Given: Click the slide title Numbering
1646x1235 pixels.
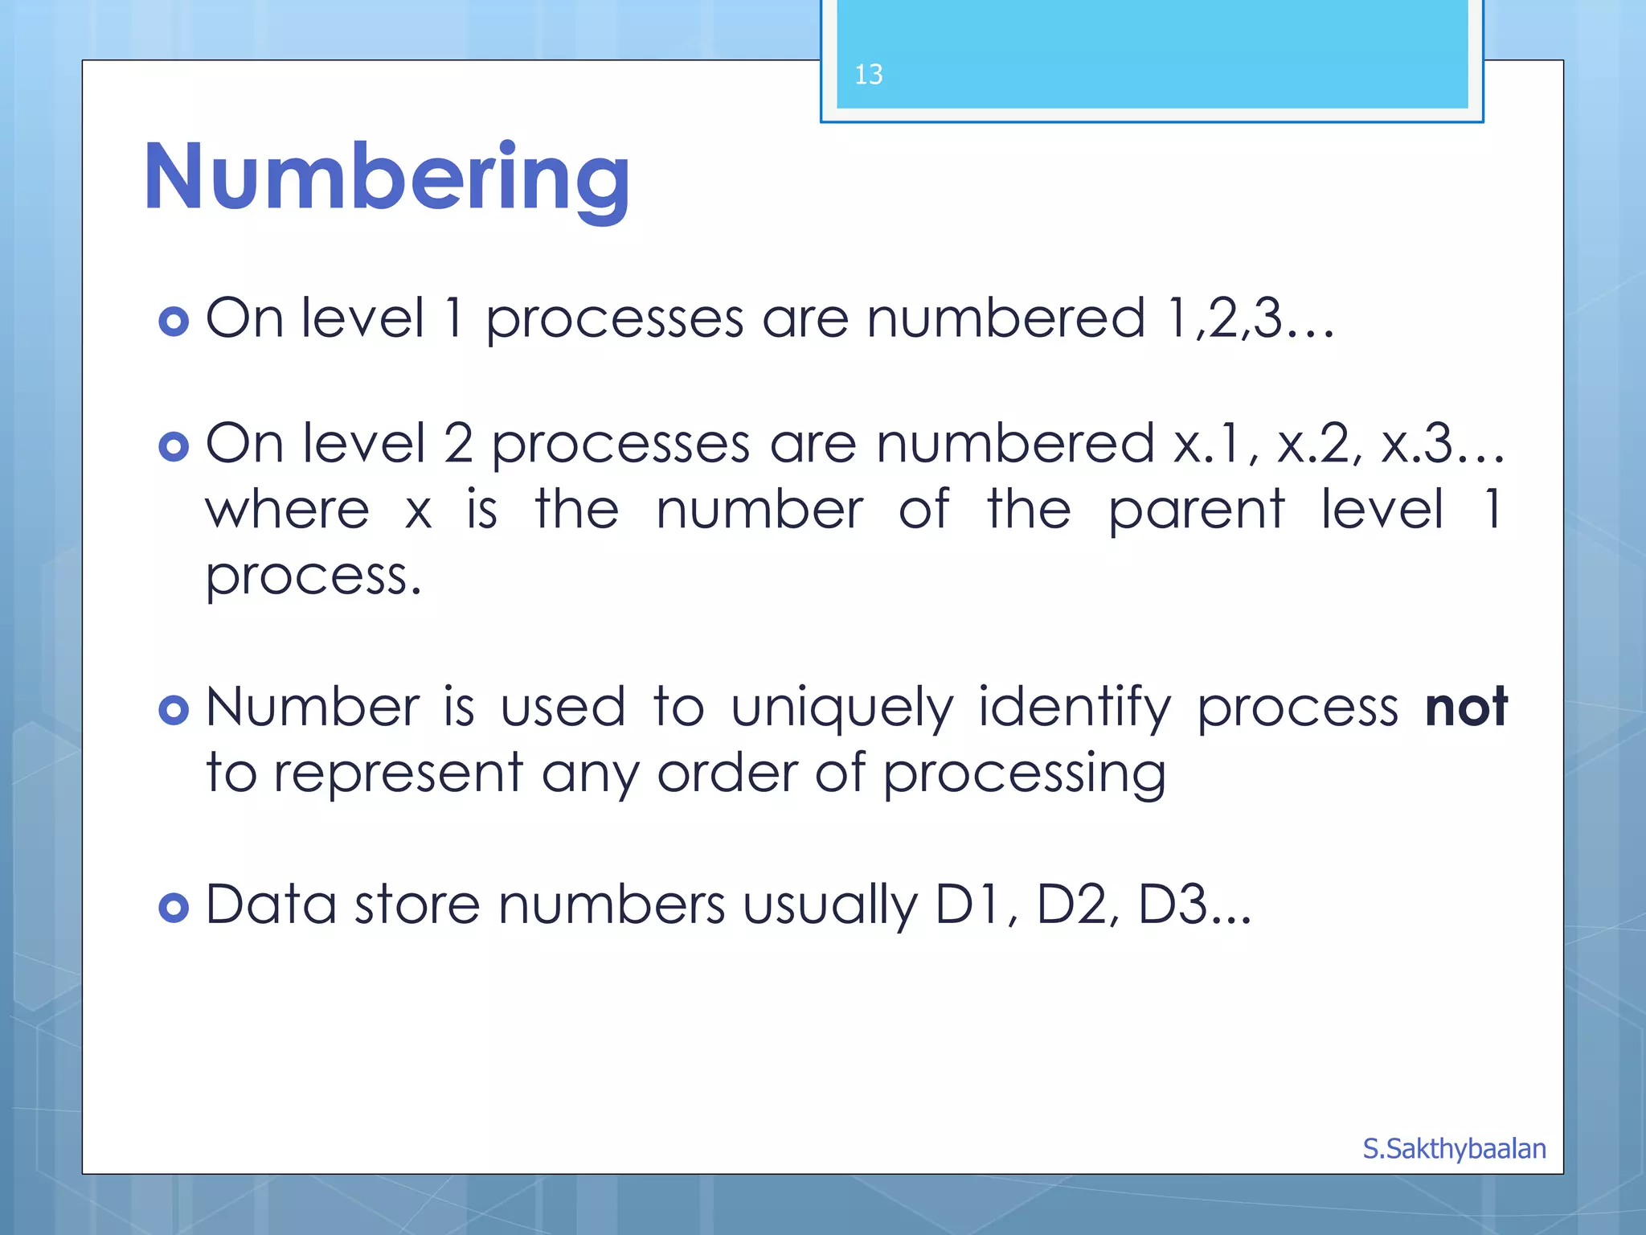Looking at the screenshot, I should pyautogui.click(x=387, y=178).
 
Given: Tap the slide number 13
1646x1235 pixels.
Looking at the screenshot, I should pyautogui.click(x=868, y=75).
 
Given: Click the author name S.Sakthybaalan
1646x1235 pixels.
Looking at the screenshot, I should pyautogui.click(x=1453, y=1148).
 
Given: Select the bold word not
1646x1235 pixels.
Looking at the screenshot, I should pyautogui.click(x=1465, y=708).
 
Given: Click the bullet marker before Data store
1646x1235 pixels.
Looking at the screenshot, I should pyautogui.click(x=174, y=908).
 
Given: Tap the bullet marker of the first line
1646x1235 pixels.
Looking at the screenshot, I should pyautogui.click(x=174, y=322).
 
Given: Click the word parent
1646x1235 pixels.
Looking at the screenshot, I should pyautogui.click(x=1196, y=511).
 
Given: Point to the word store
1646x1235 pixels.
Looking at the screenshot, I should pyautogui.click(x=417, y=905).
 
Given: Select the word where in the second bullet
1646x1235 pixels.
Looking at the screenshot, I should pyautogui.click(x=287, y=511).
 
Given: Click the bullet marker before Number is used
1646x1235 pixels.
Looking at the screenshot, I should pyautogui.click(x=174, y=710).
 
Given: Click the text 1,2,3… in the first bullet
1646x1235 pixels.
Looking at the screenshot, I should pyautogui.click(x=1250, y=318).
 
